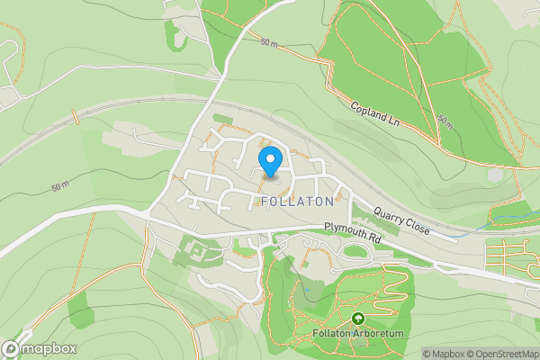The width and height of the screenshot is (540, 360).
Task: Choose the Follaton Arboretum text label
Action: coord(358,335)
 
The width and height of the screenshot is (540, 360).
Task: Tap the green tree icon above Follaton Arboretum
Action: coord(358,319)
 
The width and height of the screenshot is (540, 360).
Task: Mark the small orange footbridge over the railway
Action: coord(76,114)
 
